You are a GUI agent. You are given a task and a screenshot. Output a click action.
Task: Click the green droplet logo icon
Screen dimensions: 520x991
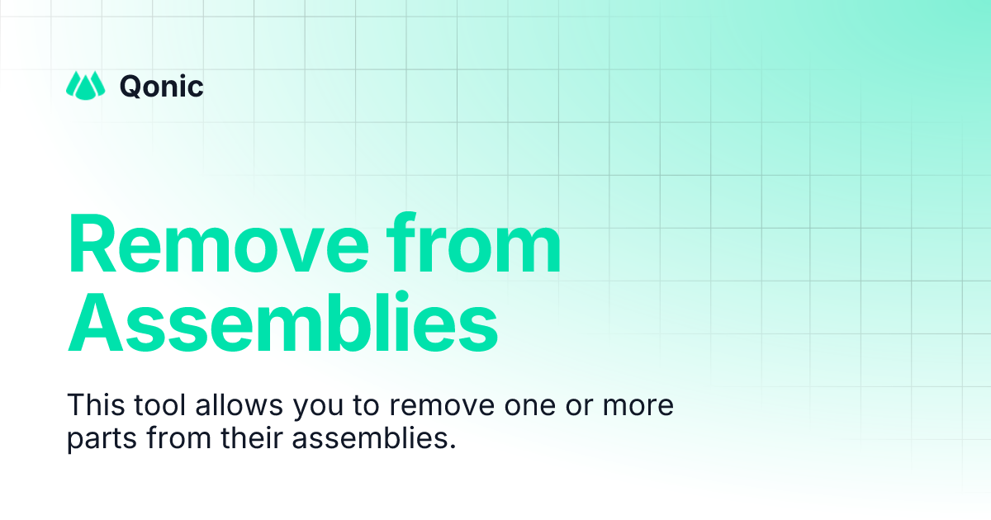pos(85,84)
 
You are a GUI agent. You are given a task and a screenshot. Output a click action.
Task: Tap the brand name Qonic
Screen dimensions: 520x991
pos(162,85)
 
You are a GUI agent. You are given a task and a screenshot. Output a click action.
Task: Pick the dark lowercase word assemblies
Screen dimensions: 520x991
pos(370,438)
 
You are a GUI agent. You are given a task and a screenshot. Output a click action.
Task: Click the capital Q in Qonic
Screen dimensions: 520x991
pos(132,85)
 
